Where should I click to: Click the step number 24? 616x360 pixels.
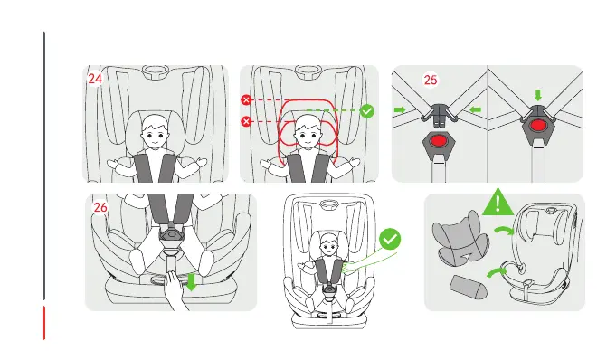[95, 79]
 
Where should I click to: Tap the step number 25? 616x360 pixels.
[431, 81]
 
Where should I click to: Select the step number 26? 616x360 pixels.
[100, 207]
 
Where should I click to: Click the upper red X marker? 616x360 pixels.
[246, 100]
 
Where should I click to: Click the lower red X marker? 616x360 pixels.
[246, 121]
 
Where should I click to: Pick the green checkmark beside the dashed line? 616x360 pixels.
[367, 111]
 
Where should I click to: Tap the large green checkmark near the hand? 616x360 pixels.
[390, 239]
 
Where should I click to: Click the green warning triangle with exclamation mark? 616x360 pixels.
[498, 202]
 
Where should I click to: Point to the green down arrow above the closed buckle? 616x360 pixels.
[538, 95]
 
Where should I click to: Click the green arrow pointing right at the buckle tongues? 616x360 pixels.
[400, 109]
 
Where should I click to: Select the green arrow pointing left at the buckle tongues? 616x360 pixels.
[476, 109]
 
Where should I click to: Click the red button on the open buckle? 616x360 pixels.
[438, 141]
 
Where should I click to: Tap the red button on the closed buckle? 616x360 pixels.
[538, 126]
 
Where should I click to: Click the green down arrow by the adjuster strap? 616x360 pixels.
[192, 282]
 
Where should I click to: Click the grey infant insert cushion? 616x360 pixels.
[460, 237]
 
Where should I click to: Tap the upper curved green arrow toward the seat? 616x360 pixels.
[504, 230]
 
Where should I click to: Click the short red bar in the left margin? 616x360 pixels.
[44, 323]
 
